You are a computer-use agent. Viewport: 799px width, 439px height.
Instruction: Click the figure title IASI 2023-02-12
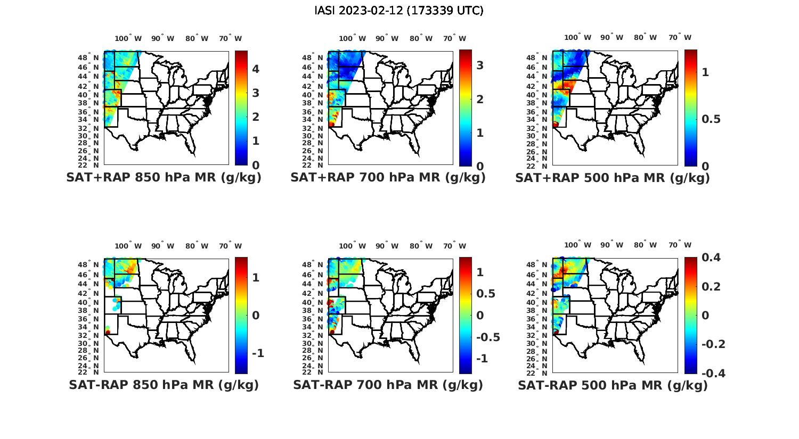tap(399, 11)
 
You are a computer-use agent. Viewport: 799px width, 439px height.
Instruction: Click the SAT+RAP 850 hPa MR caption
tap(164, 178)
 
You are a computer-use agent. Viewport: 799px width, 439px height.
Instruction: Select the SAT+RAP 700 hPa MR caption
tap(388, 178)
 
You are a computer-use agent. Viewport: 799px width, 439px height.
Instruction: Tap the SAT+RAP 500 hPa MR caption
tap(613, 178)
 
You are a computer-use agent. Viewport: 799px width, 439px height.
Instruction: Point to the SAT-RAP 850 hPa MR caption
tap(164, 385)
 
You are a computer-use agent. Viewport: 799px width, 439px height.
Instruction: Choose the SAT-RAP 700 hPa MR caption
tap(388, 385)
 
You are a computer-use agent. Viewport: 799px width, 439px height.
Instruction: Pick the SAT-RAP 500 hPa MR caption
tap(613, 385)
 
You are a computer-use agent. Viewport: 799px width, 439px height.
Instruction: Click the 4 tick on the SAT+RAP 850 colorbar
tap(256, 69)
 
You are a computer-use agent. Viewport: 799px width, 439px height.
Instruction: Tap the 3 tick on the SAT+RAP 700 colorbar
tap(480, 65)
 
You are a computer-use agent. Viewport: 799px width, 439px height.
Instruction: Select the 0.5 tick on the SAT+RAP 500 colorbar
tap(712, 119)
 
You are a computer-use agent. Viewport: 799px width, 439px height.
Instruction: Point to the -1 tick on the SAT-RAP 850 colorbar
tap(258, 353)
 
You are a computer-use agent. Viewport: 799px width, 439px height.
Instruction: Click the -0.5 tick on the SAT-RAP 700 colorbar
tap(487, 337)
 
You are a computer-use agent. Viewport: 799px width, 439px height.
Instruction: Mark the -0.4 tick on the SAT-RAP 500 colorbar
tap(713, 373)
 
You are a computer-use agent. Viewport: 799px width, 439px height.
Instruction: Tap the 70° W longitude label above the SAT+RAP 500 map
tap(680, 38)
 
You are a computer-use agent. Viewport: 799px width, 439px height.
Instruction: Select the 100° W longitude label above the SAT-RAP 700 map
tap(352, 246)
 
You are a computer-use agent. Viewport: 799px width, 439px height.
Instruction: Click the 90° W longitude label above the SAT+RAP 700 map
tap(387, 39)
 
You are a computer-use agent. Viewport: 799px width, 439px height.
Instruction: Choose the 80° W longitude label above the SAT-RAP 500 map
tap(646, 245)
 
